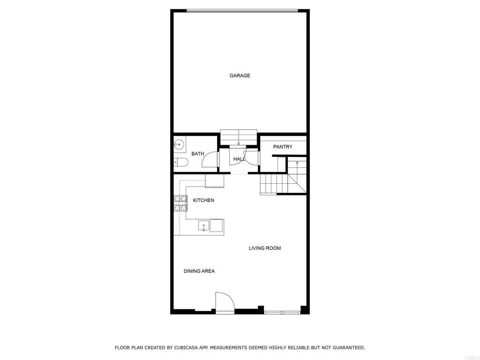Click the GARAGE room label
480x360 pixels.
tap(240, 75)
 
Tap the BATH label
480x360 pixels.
tap(197, 154)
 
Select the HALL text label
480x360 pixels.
tap(239, 159)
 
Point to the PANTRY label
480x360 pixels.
tap(283, 147)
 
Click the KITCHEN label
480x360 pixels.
tap(203, 200)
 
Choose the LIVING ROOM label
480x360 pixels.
tap(264, 248)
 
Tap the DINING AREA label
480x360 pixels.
tap(199, 271)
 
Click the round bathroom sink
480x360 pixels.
tap(178, 144)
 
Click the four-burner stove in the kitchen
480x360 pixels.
tap(180, 203)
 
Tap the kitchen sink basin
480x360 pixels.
tap(204, 226)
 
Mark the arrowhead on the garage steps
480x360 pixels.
tap(239, 143)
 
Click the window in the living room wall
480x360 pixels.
tap(282, 312)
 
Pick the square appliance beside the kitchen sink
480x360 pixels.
tap(217, 226)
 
